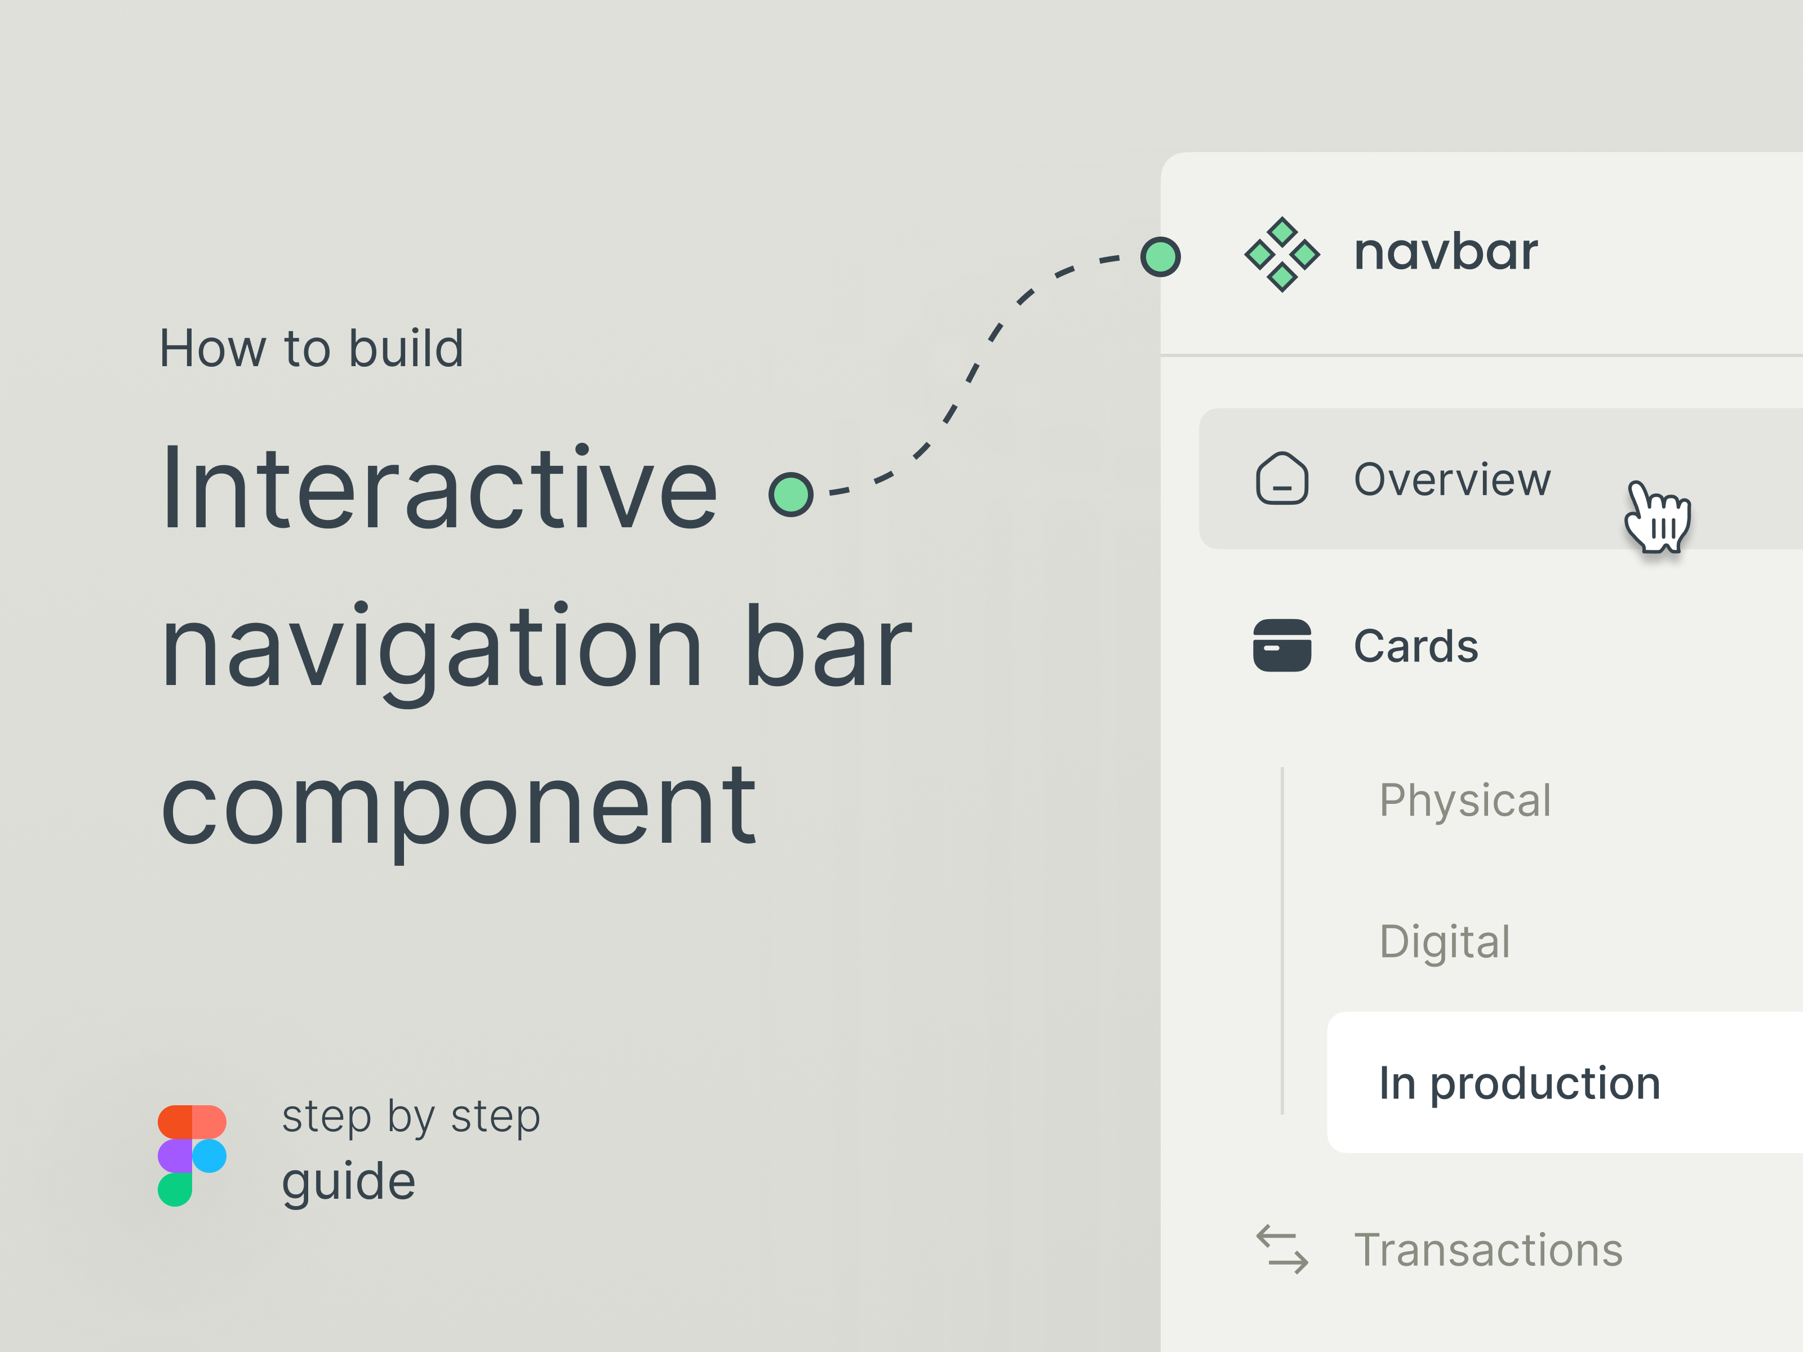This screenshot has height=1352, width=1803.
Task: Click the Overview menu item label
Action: (x=1451, y=479)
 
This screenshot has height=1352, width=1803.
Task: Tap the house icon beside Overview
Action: (x=1281, y=479)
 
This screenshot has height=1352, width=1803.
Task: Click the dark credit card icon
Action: (x=1281, y=646)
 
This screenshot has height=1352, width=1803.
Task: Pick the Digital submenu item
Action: (x=1444, y=942)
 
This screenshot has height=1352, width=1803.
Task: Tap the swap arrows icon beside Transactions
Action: (x=1281, y=1249)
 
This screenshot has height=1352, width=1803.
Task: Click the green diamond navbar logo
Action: (x=1281, y=254)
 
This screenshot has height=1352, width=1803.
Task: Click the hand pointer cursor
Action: (x=1657, y=518)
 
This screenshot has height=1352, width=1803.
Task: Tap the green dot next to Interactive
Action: (x=791, y=494)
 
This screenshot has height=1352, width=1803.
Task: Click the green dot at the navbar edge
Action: (x=1161, y=257)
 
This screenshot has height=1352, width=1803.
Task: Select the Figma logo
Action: (x=192, y=1155)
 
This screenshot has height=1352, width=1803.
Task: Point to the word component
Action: (x=458, y=806)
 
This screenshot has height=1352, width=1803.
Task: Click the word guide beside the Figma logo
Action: (x=348, y=1182)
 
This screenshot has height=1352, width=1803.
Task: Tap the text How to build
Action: (x=310, y=349)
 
